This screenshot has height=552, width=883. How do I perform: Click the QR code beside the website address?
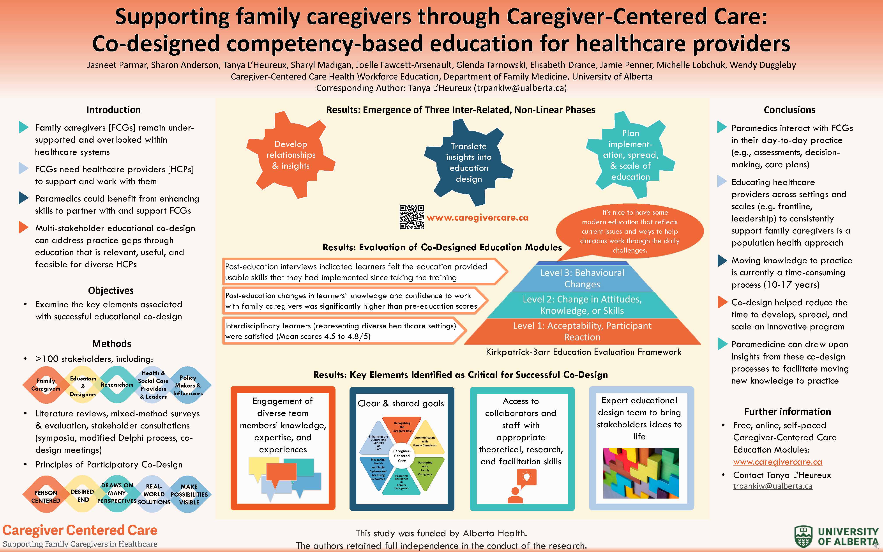[411, 217]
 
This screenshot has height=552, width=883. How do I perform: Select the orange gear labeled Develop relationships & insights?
[291, 155]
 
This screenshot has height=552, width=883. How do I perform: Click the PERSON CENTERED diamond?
[46, 496]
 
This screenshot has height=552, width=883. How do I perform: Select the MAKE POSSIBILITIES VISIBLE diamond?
[189, 494]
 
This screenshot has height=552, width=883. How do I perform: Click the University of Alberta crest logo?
[804, 537]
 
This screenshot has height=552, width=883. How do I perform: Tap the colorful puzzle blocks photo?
[641, 473]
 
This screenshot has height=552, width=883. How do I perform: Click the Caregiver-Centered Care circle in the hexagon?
[402, 456]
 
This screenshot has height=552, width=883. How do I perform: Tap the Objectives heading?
[111, 291]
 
